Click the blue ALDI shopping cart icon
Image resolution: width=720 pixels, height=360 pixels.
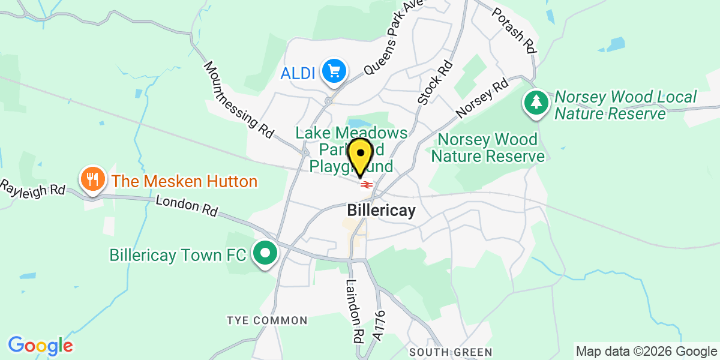[333, 73]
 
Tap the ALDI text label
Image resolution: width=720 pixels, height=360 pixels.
[299, 74]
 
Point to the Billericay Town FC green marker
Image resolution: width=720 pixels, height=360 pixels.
[264, 254]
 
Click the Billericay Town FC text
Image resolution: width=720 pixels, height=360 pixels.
[177, 255]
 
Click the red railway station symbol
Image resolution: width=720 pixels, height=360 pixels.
[367, 185]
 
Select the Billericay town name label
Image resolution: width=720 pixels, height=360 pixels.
[381, 212]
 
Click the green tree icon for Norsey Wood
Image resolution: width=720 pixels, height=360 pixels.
[536, 103]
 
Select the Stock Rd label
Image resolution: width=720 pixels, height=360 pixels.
[434, 82]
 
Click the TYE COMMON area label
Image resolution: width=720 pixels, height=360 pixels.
[267, 321]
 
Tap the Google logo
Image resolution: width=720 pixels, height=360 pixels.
[40, 346]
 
